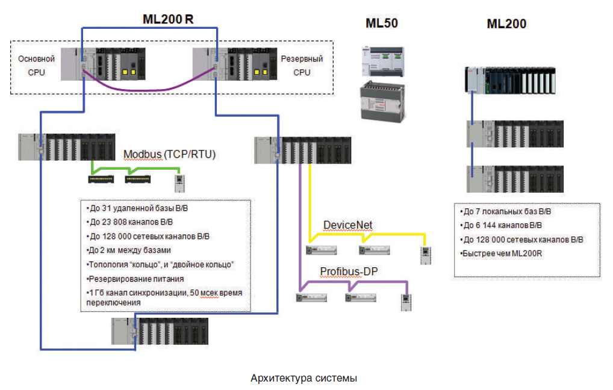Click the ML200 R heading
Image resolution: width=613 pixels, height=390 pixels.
coord(168,19)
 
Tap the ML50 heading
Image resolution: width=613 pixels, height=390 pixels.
coord(382,23)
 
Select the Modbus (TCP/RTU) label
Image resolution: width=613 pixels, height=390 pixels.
coord(169,154)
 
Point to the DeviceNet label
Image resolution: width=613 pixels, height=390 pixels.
coord(347,225)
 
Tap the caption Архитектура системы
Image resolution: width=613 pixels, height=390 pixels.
coord(304,379)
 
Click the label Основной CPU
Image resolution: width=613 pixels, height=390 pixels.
coord(36,66)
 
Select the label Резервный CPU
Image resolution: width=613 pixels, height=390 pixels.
coord(302,66)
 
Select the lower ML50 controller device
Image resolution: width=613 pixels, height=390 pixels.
coord(381,101)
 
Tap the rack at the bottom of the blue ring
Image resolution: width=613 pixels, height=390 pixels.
coord(160,331)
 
